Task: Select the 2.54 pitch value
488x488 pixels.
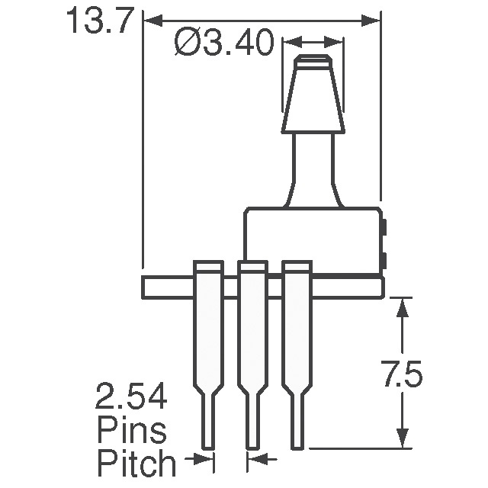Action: click(x=132, y=399)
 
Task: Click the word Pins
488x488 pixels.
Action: click(x=131, y=431)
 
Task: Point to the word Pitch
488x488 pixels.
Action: click(x=136, y=462)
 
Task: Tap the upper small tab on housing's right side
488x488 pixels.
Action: click(x=384, y=227)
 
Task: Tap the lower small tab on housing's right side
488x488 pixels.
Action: click(x=384, y=262)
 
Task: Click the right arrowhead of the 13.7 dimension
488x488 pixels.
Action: click(x=371, y=21)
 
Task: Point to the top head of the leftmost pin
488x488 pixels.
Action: click(x=207, y=267)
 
